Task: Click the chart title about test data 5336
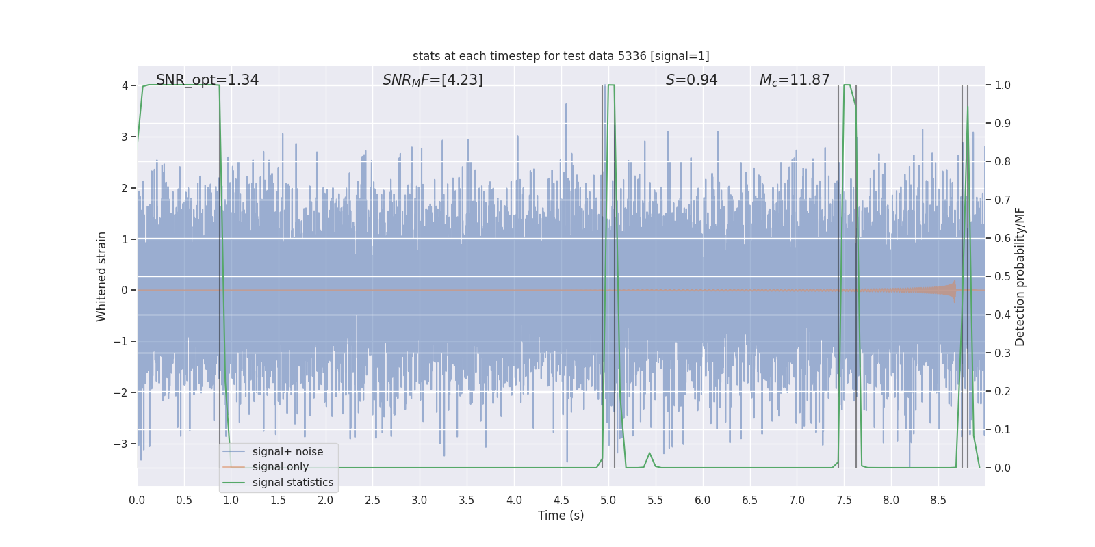point(561,56)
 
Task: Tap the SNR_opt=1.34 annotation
point(207,80)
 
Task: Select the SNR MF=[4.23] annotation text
point(433,80)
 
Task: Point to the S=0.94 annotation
point(691,80)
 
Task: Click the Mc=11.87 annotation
point(794,80)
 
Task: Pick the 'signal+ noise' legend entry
point(287,452)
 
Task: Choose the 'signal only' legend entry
point(280,467)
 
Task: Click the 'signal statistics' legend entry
point(292,483)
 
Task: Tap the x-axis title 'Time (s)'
point(561,516)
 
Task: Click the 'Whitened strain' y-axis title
point(102,276)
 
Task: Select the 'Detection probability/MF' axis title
point(1020,276)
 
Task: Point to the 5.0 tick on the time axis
point(608,500)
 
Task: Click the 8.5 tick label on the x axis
point(938,500)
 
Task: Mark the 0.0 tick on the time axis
point(137,500)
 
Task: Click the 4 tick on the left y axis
point(125,85)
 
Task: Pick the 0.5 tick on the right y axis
point(1002,276)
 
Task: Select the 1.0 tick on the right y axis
point(1002,85)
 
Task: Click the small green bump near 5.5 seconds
point(649,454)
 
